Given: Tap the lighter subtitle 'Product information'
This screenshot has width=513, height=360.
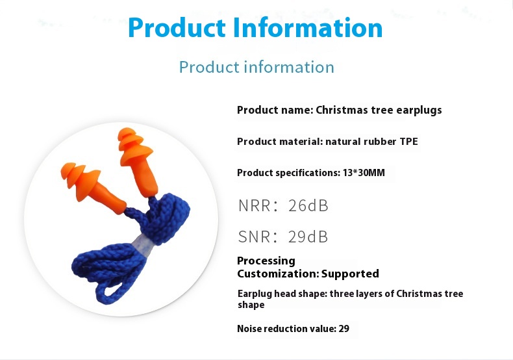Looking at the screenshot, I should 256,67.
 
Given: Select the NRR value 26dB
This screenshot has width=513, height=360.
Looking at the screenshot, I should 308,206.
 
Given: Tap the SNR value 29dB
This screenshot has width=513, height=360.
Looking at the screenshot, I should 308,237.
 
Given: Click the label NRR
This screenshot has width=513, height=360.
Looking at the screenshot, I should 254,206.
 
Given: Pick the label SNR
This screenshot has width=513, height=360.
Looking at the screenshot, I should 254,237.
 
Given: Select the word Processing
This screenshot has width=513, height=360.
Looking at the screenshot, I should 266,261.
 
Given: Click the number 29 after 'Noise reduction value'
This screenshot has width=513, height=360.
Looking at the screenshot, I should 344,329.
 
